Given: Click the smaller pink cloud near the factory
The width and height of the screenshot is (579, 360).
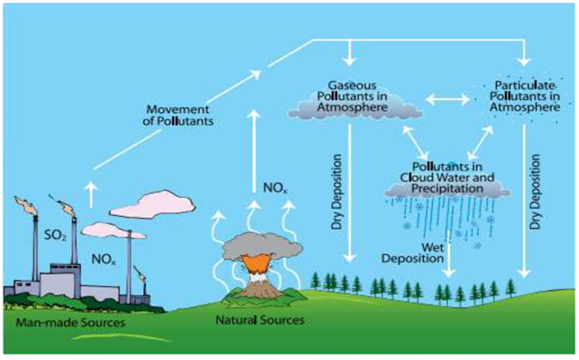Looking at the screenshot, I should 113,231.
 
